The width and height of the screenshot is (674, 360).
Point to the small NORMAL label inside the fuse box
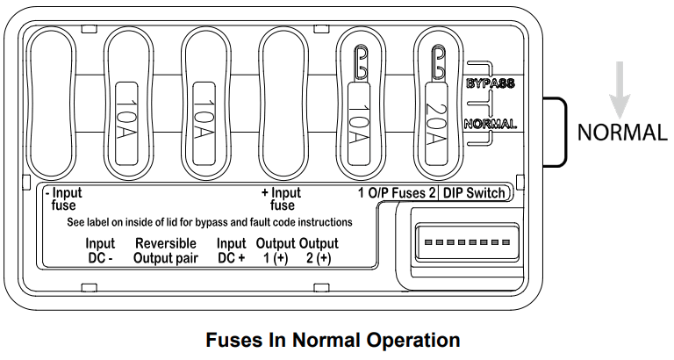pos(489,124)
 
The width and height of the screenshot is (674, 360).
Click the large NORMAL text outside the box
pos(622,133)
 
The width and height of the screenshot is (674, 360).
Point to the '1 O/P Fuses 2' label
pos(396,193)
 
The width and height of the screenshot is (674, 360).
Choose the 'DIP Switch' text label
pos(473,193)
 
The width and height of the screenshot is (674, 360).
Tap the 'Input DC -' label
pos(100,250)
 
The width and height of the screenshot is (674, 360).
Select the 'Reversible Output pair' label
pos(166,250)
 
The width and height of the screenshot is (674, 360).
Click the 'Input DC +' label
pos(231,250)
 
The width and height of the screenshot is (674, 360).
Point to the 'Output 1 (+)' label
pos(275,250)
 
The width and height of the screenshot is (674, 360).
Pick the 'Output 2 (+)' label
pos(318,250)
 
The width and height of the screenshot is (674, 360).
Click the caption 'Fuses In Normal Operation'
pos(333,340)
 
